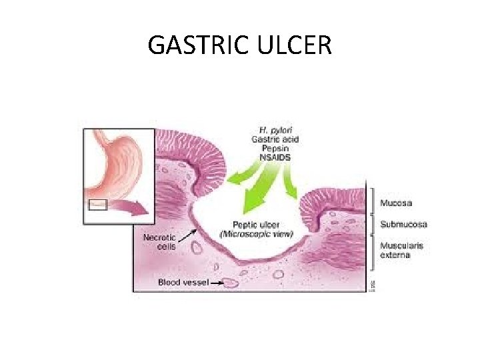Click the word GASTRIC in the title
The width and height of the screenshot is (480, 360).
click(193, 45)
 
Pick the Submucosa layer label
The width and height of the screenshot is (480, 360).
click(403, 224)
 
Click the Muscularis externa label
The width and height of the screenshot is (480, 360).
click(401, 249)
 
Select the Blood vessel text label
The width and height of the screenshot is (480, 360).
click(183, 283)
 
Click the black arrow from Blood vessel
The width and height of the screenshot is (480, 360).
click(217, 283)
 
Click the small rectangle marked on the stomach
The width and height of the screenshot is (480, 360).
click(97, 205)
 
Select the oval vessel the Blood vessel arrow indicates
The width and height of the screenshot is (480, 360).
click(231, 283)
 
